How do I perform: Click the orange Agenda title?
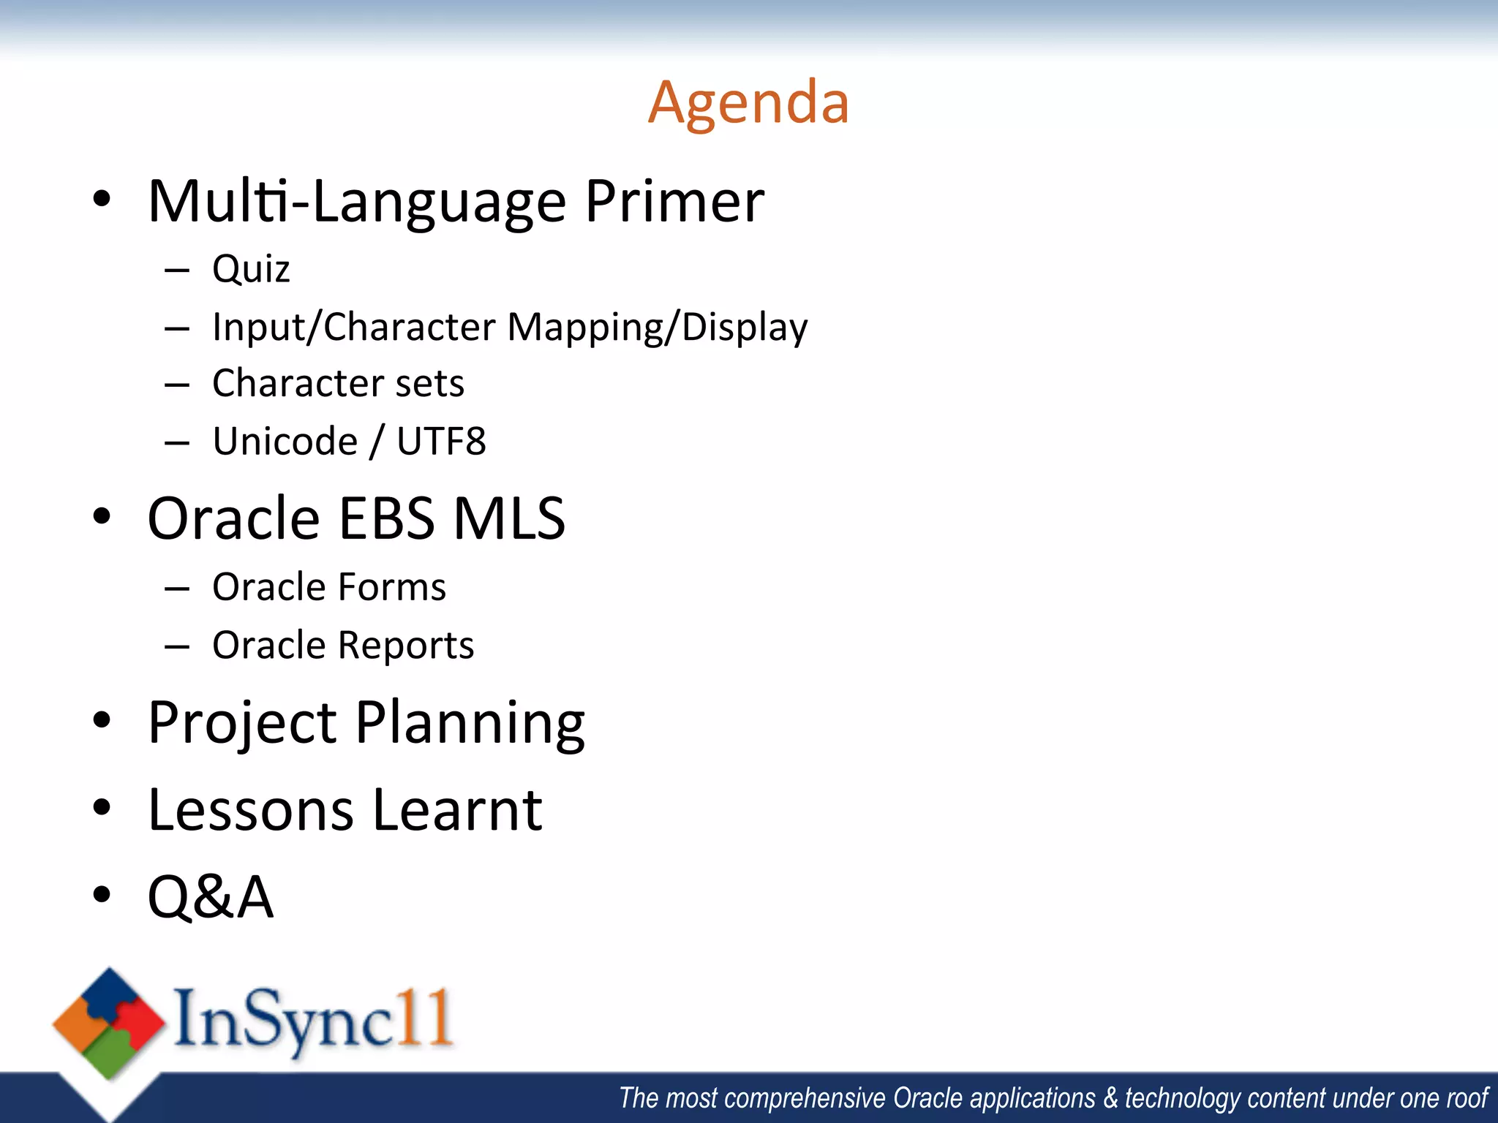click(x=748, y=103)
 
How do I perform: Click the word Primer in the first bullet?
click(x=674, y=201)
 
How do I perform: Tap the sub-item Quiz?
click(x=251, y=269)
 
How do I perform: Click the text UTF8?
click(x=441, y=441)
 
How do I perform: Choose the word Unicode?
click(x=285, y=441)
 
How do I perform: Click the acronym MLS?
click(x=509, y=518)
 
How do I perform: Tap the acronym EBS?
click(x=387, y=518)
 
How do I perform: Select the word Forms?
click(x=392, y=587)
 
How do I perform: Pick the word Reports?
click(x=406, y=645)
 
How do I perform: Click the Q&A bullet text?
click(x=211, y=896)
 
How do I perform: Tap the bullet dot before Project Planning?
click(x=102, y=720)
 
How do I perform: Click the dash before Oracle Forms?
click(x=177, y=588)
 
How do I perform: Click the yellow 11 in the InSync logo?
click(x=428, y=1018)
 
